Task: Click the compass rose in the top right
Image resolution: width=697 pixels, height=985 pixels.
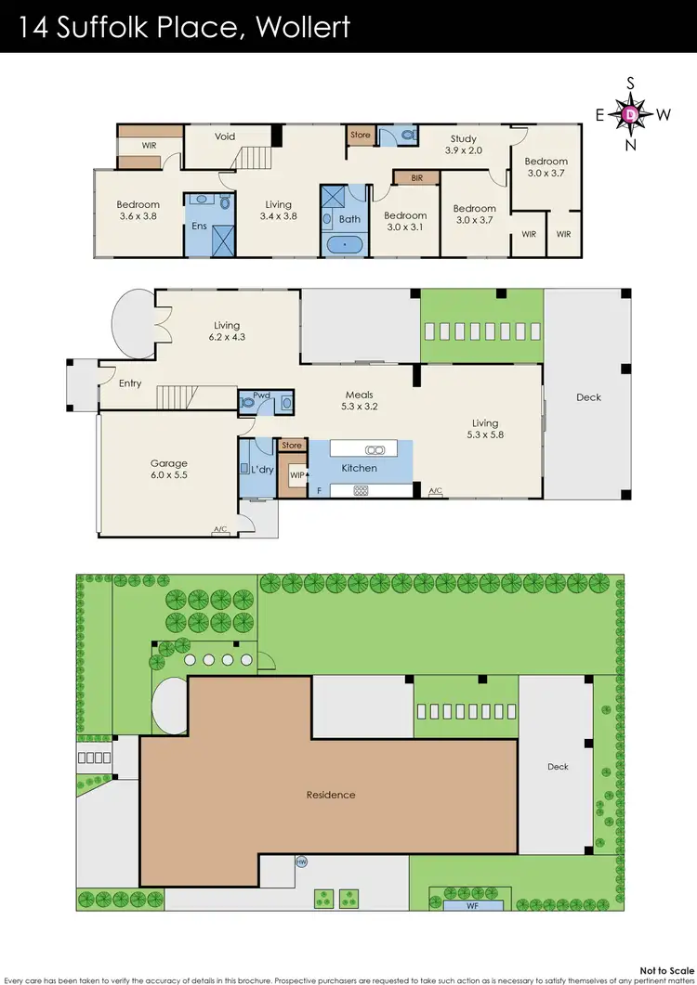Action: pos(631,114)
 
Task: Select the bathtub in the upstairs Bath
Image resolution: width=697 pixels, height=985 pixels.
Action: pos(343,245)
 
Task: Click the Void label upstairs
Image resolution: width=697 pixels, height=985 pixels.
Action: pos(225,136)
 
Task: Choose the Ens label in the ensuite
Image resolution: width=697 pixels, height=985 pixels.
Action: pos(198,226)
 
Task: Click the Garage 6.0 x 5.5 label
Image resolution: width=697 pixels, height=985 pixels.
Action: pos(169,469)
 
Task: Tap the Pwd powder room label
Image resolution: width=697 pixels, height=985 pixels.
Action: pos(261,395)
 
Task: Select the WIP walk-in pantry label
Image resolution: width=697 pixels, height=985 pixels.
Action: pos(296,475)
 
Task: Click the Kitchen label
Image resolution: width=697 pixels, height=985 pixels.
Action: pos(359,468)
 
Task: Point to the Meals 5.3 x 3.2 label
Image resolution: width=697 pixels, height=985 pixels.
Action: pos(359,400)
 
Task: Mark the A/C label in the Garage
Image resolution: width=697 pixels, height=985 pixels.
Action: pos(220,531)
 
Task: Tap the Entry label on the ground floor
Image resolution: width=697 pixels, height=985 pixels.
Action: pos(130,383)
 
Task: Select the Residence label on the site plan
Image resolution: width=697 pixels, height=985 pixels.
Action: pos(331,795)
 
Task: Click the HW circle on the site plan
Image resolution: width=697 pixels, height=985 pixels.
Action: pos(301,862)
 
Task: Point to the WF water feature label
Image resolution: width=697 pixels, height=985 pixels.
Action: pos(473,904)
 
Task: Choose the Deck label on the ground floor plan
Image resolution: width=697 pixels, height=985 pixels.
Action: pos(589,397)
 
